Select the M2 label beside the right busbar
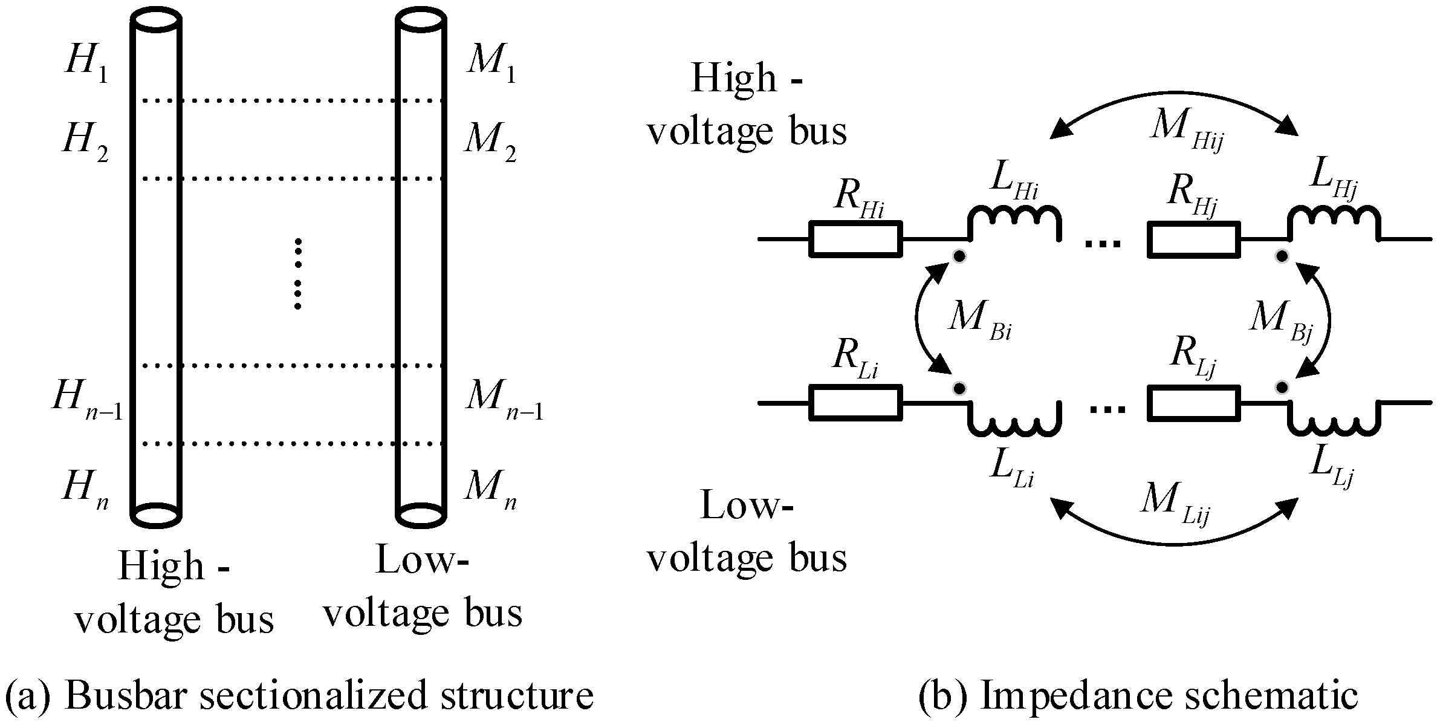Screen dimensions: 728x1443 point(490,143)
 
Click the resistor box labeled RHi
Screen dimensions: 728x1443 point(855,239)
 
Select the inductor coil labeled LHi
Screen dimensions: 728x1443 point(1014,224)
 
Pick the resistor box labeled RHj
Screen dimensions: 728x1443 point(1193,239)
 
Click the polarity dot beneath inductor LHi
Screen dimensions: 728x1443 point(959,256)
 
